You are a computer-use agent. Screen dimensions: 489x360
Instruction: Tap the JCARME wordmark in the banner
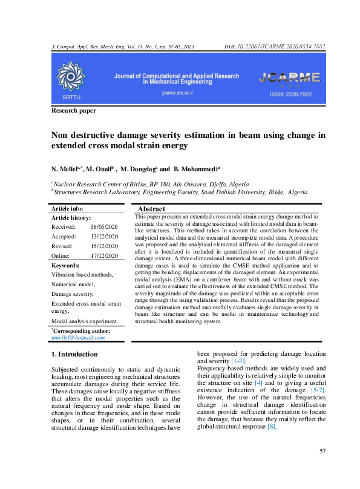(x=289, y=77)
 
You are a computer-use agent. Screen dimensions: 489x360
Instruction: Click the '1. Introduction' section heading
(x=74, y=353)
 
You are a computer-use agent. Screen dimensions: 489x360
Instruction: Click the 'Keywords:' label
(x=66, y=265)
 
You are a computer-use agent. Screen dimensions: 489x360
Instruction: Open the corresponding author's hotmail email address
(x=78, y=337)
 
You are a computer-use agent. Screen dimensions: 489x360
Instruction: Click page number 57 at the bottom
(x=322, y=468)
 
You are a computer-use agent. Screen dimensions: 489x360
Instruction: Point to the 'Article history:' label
(x=71, y=217)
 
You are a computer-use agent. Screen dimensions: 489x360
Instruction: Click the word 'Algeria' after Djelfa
(x=233, y=184)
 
